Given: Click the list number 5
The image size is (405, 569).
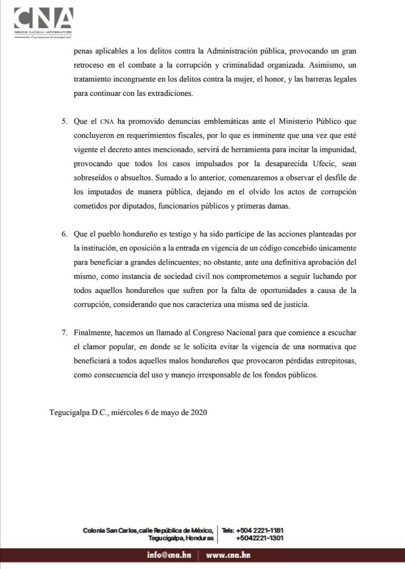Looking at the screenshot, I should point(64,122).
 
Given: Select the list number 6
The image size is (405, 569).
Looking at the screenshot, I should point(64,234).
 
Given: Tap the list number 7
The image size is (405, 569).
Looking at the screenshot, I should point(64,333).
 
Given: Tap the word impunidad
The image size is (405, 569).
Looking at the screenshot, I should point(338,150).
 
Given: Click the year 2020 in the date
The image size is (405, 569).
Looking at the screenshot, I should point(198,413).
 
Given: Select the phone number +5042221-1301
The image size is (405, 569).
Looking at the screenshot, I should point(259,538).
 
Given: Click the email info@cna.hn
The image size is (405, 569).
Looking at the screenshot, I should point(169,555).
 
